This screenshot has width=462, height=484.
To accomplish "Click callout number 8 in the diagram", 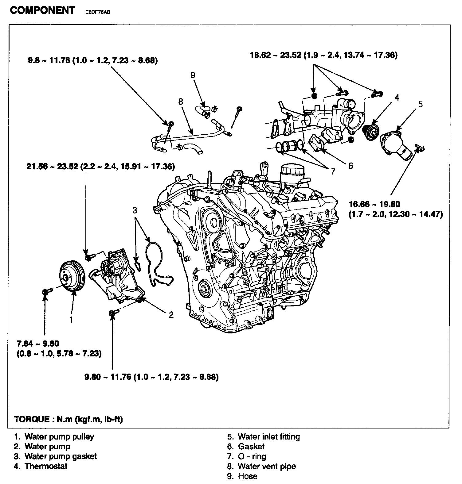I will click(x=180, y=102).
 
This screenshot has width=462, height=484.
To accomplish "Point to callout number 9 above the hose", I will click(x=193, y=75).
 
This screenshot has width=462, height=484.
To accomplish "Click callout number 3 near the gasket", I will click(x=135, y=210).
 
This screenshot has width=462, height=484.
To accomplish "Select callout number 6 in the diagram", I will click(x=350, y=166).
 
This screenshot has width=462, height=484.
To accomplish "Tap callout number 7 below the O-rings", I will click(x=333, y=171).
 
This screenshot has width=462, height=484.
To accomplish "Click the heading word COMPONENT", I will click(x=42, y=10).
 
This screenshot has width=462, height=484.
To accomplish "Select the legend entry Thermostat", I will click(x=46, y=466).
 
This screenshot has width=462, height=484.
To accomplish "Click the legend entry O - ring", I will click(x=252, y=456).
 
